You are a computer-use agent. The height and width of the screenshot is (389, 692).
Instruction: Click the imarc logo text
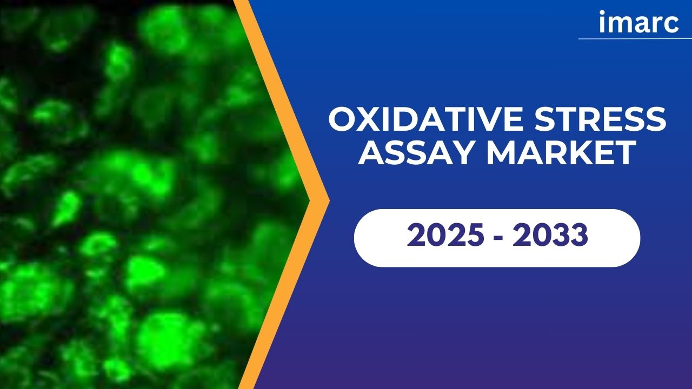(x=638, y=22)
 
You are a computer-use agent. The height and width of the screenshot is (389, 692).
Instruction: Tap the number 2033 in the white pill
(x=550, y=235)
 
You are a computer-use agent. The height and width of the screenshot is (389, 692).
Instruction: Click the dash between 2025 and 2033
(x=498, y=237)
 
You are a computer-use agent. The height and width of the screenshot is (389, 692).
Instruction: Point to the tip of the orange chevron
(x=329, y=200)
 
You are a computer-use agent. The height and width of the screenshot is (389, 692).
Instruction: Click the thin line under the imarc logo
(x=635, y=39)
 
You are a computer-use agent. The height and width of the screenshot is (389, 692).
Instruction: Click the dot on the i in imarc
(x=602, y=13)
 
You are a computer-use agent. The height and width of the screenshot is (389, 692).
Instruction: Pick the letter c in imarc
(x=671, y=25)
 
